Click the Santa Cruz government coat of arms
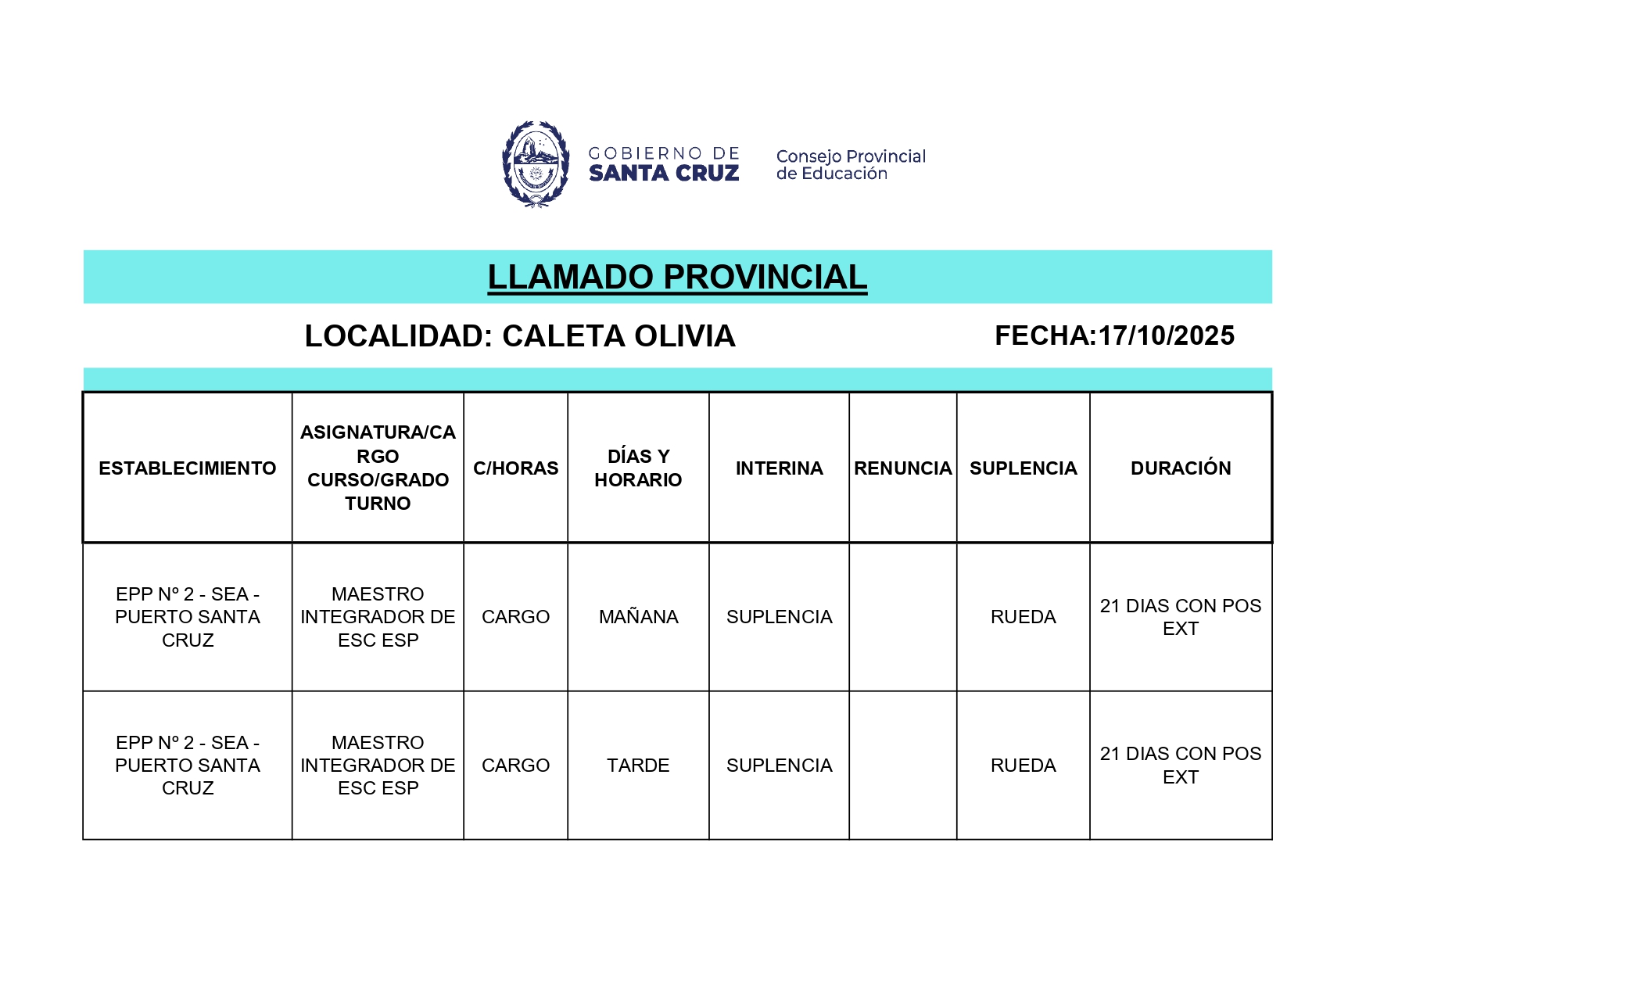coord(536,164)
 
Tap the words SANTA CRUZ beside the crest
coord(664,174)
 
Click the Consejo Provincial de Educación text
coord(851,165)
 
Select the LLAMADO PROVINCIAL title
coord(677,277)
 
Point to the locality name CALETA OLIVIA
coord(618,336)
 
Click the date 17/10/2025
coord(1166,335)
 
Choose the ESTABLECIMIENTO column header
coord(188,468)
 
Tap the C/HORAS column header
coord(515,468)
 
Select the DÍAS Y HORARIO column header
coord(638,468)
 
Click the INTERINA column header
coord(779,468)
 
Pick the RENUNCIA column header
coord(902,468)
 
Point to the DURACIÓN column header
coord(1181,468)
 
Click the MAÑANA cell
coord(638,617)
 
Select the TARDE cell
coord(638,765)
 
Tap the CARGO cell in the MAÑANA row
coord(515,617)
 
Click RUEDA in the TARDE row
coord(1023,765)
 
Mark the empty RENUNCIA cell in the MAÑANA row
coord(902,617)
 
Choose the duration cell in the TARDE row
coord(1181,765)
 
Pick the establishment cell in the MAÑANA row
coord(188,617)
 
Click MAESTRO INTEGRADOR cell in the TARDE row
coord(378,765)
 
